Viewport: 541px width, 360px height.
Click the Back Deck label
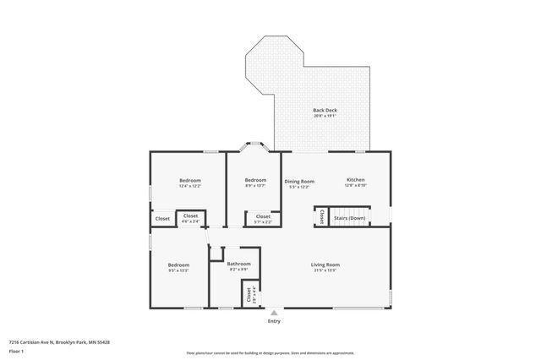pos(325,111)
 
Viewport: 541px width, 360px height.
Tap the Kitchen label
pos(355,180)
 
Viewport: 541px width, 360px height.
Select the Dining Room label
pos(298,181)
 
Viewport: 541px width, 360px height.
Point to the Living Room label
pos(325,265)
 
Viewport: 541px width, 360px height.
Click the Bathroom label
pos(238,265)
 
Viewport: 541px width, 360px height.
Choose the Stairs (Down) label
pos(350,217)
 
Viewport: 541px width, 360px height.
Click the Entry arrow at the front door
pos(273,313)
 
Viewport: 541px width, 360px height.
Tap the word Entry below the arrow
pos(273,321)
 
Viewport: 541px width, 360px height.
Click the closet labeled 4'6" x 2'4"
pos(191,219)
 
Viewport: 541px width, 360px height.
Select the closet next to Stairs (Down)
pos(322,217)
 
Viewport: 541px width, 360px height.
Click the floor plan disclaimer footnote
pos(270,352)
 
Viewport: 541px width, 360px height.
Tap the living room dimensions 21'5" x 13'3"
pos(325,270)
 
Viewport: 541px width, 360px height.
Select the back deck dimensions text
pos(325,117)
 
